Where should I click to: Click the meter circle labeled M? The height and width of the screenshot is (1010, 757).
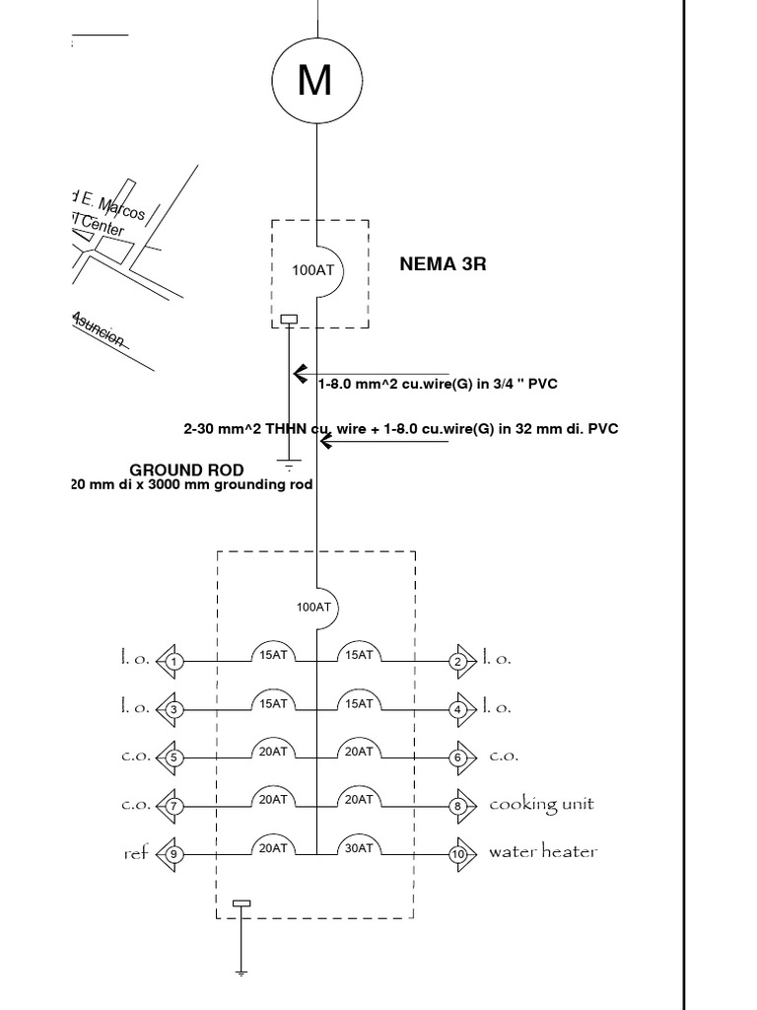tap(314, 80)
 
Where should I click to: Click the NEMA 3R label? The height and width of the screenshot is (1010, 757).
tap(443, 264)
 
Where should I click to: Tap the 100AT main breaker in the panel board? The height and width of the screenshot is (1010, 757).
tap(314, 607)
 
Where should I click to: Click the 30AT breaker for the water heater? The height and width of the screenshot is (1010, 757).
tap(358, 846)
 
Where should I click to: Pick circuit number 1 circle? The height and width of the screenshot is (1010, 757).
tap(173, 661)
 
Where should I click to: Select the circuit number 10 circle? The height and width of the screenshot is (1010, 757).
tap(458, 854)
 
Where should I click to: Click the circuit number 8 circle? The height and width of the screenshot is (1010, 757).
tap(458, 806)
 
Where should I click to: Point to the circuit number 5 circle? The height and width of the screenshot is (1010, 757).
tap(173, 757)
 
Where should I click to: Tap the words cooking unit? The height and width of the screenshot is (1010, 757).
tap(541, 805)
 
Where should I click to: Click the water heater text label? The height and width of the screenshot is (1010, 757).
tap(543, 852)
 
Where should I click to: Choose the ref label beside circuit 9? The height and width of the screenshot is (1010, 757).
tap(135, 853)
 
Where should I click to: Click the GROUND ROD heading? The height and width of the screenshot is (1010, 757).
tap(186, 469)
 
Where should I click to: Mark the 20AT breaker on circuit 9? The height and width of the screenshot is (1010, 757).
tap(273, 846)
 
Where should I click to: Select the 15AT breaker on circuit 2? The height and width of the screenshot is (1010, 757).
tap(358, 653)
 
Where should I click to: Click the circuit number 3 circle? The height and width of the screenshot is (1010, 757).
tap(173, 709)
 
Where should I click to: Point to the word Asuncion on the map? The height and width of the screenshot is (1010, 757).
tap(99, 329)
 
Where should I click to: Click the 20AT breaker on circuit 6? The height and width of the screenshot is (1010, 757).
tap(358, 750)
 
